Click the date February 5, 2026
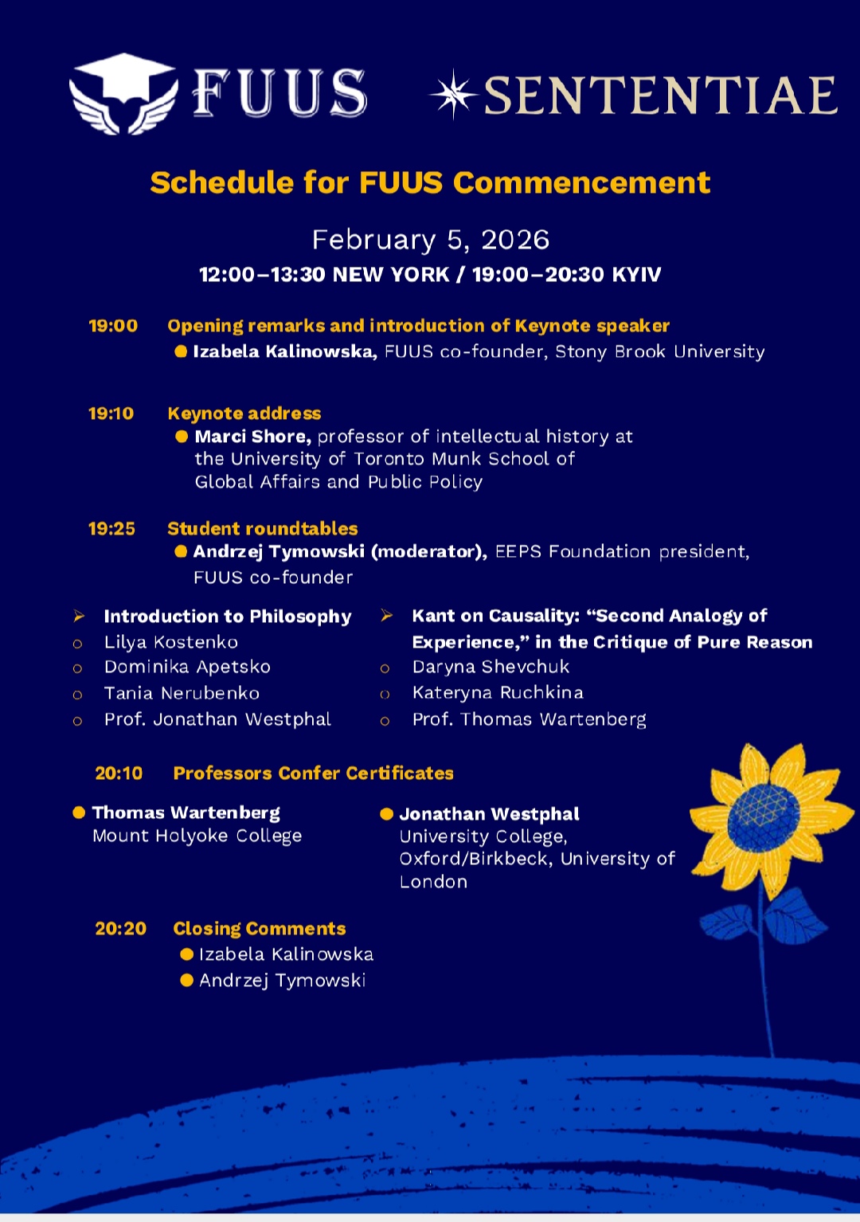(430, 240)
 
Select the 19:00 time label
(113, 326)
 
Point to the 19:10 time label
(111, 413)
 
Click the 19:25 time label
(111, 529)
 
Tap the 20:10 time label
(119, 774)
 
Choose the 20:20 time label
(120, 929)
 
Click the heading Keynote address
(244, 413)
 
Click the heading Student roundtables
(262, 529)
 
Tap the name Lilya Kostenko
(170, 642)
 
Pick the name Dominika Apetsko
(187, 667)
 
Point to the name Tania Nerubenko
(182, 693)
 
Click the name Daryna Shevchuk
(491, 667)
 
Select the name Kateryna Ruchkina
(498, 693)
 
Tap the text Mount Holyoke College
(197, 836)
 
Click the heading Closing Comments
(260, 929)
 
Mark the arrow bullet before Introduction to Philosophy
(79, 616)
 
